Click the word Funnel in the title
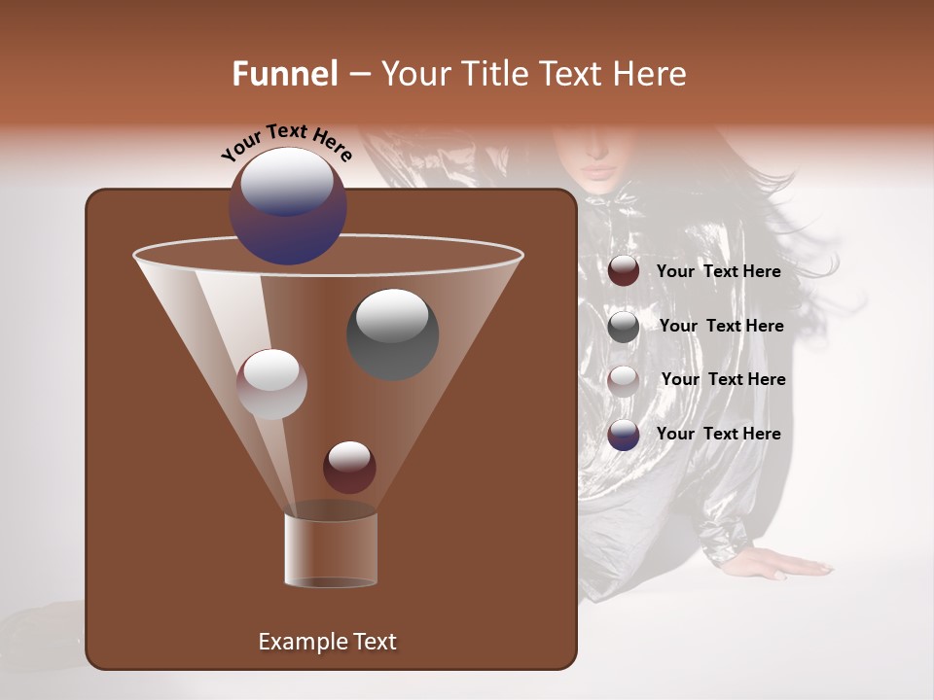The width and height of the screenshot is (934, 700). pos(285,74)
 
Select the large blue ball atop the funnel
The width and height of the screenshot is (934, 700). pos(288,206)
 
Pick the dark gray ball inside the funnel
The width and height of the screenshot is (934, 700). pos(393,333)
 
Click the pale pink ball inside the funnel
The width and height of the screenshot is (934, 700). pos(271,383)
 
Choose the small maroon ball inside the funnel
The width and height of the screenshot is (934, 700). pos(349,467)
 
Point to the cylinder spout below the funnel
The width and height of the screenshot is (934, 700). pos(330,549)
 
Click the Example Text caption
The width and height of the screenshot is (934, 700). pos(327,642)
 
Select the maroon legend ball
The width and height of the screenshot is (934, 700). pos(624,271)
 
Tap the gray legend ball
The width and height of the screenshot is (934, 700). pos(624,326)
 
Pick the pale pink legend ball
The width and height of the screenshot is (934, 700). pos(624,380)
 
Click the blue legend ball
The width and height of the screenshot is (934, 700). pos(624,435)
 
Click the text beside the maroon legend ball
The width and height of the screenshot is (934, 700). pos(718,271)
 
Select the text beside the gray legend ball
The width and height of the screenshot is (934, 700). pos(721,326)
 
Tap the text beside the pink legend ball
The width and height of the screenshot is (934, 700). pos(723,379)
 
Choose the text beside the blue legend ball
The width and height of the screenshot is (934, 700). pos(718,434)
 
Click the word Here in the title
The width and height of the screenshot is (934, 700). pos(649,74)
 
